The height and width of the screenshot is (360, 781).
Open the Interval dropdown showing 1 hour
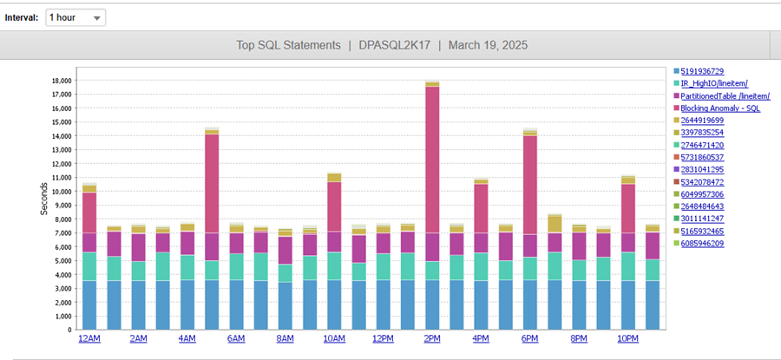(x=75, y=17)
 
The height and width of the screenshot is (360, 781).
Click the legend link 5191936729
(x=703, y=71)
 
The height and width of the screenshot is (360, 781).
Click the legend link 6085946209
(x=703, y=243)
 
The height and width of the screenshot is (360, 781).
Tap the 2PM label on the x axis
(x=432, y=338)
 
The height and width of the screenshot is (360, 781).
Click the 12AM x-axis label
(x=89, y=338)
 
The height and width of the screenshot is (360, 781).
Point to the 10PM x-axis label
(x=628, y=338)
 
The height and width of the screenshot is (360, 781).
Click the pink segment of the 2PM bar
(x=432, y=156)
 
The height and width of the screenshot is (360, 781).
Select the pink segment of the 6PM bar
(x=530, y=182)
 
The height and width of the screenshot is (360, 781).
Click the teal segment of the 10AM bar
(x=334, y=265)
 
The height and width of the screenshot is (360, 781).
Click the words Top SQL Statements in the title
(x=286, y=45)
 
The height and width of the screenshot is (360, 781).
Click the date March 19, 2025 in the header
(x=488, y=45)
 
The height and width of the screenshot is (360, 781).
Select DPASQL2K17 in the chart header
(x=394, y=45)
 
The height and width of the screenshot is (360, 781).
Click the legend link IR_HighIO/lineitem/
(x=715, y=83)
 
